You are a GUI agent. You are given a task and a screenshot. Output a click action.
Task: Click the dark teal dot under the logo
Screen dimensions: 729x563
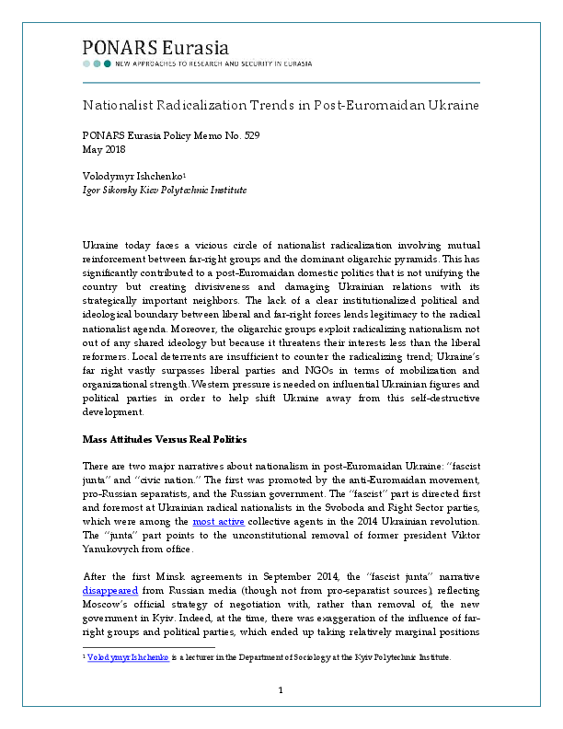coord(108,64)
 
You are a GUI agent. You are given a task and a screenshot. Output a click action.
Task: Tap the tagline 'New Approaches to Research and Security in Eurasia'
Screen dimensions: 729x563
coord(213,64)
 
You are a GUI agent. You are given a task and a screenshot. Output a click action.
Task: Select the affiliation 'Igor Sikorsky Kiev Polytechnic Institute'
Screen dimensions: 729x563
coord(164,190)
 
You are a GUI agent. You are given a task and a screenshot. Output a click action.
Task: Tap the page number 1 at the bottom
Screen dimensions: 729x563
coord(281,689)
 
